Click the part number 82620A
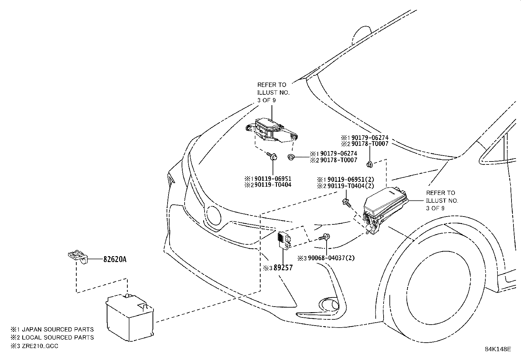tap(115, 259)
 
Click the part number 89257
tap(283, 268)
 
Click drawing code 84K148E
tap(497, 349)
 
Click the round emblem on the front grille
tap(214, 215)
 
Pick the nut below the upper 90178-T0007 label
tap(369, 164)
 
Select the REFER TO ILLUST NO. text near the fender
tap(441, 200)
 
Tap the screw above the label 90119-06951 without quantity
tap(272, 156)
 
